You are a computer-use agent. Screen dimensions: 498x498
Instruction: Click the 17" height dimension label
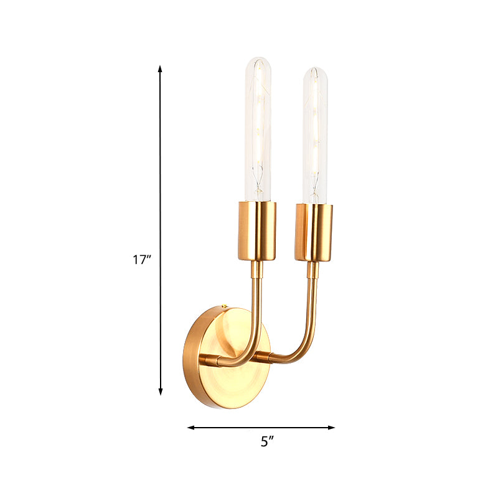pos(142,260)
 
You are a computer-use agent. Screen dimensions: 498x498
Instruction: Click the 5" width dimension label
pos(267,442)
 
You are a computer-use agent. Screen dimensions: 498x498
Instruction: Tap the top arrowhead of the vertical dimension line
pos(161,68)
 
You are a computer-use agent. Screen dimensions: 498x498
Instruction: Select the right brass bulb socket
pos(314,232)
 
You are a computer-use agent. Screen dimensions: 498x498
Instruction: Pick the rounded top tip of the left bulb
pos(256,60)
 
